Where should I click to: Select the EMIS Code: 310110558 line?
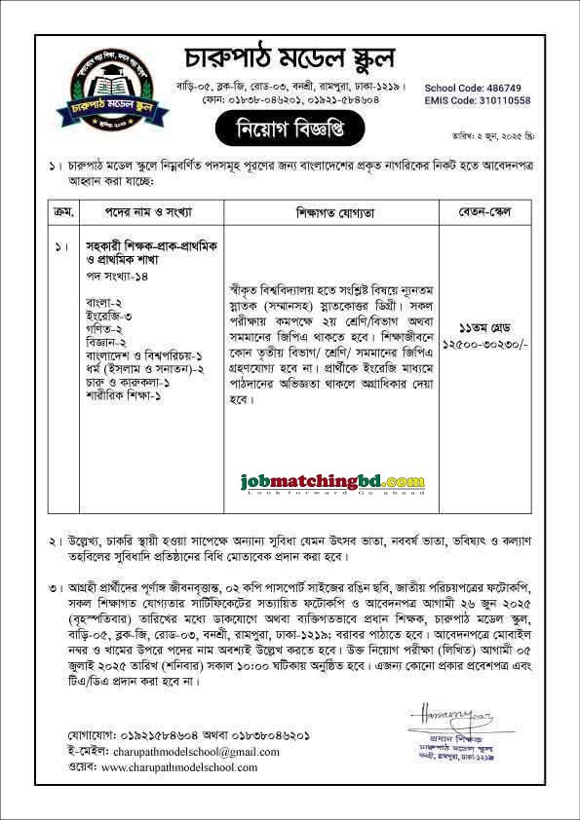pos(478,100)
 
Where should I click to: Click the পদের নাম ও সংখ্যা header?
pos(149,210)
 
